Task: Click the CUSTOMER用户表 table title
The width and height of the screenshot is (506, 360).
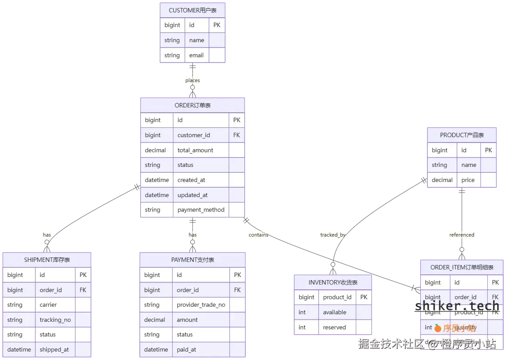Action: [193, 10]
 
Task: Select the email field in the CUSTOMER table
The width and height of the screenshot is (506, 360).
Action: [196, 55]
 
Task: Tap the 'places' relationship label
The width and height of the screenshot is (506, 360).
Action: [193, 80]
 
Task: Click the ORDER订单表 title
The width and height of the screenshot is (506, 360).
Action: [192, 105]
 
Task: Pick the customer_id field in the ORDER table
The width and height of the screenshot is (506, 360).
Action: [194, 135]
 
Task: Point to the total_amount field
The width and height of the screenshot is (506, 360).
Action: [195, 150]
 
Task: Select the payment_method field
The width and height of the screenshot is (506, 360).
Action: [201, 210]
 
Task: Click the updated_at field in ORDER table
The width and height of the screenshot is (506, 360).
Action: [192, 195]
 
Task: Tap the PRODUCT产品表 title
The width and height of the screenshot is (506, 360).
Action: [462, 135]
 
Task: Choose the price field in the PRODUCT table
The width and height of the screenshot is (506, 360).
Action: [468, 180]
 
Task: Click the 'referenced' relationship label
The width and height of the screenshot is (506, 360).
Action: [462, 235]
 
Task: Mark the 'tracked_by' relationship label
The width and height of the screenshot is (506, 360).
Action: [333, 235]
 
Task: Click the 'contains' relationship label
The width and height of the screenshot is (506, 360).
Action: [258, 235]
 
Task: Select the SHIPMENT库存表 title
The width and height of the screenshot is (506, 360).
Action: [47, 260]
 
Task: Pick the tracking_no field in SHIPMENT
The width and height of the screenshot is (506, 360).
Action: [55, 320]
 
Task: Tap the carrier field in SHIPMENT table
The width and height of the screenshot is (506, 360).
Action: [48, 305]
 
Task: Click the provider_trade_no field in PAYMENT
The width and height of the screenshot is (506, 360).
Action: [201, 305]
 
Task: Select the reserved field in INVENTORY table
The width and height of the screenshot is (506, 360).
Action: [334, 327]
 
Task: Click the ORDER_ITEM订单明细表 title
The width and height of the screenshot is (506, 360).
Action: [462, 267]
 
